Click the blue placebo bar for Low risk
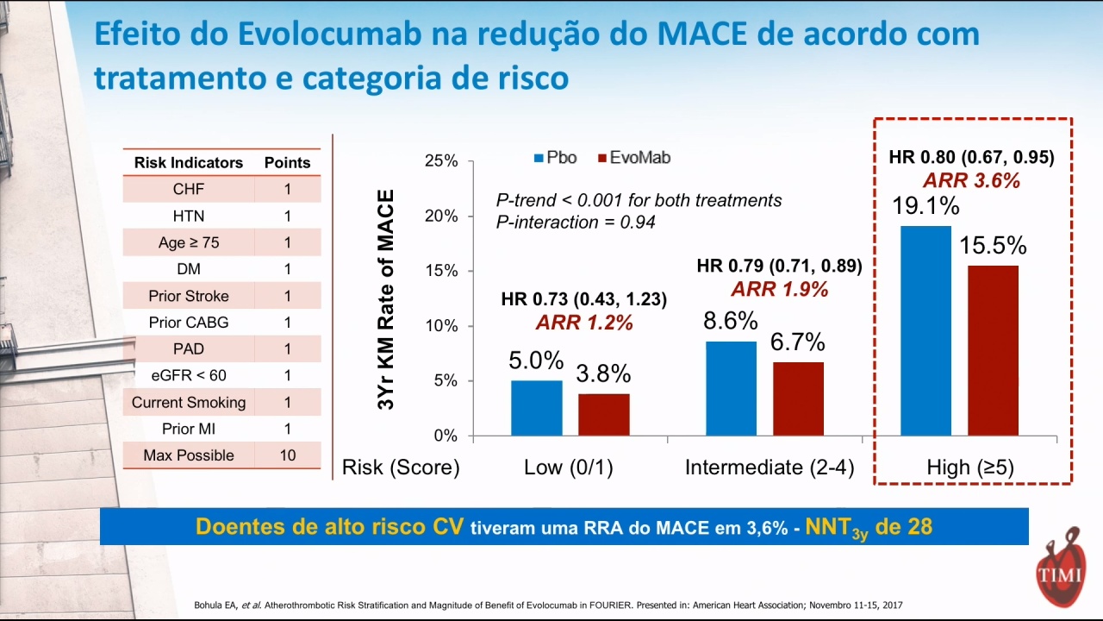pyautogui.click(x=536, y=408)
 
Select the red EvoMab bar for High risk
pyautogui.click(x=993, y=350)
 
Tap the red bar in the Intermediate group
pyautogui.click(x=798, y=398)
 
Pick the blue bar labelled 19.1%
pyautogui.click(x=925, y=330)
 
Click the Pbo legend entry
pyautogui.click(x=556, y=158)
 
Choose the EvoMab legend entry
pyautogui.click(x=634, y=158)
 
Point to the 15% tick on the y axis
pyautogui.click(x=470, y=271)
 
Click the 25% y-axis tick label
pyautogui.click(x=441, y=160)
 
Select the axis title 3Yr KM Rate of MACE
pyautogui.click(x=386, y=299)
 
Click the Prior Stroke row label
pyautogui.click(x=189, y=296)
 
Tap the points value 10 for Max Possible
pyautogui.click(x=288, y=455)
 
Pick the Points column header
pyautogui.click(x=288, y=163)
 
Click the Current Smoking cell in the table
pyautogui.click(x=189, y=402)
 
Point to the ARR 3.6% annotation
pyautogui.click(x=971, y=180)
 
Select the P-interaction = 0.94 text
pyautogui.click(x=576, y=223)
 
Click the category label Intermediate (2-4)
pyautogui.click(x=770, y=467)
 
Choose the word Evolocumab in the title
pyautogui.click(x=330, y=34)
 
